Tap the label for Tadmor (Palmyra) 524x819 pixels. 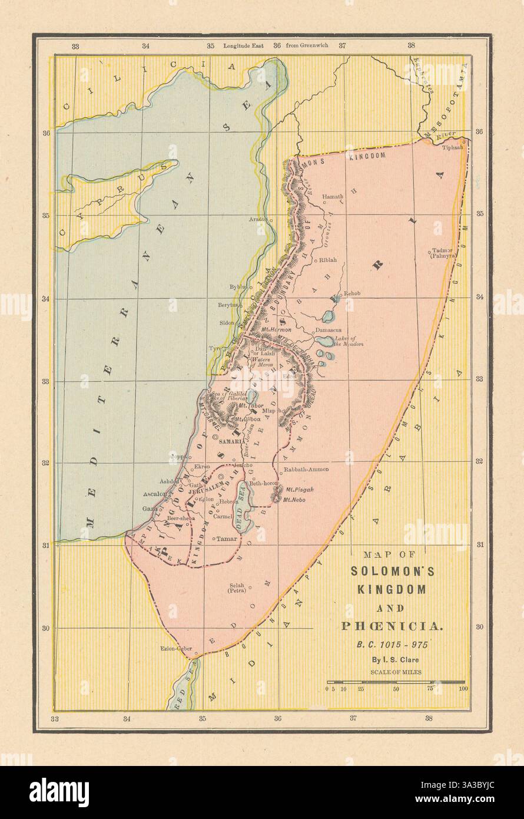pos(442,253)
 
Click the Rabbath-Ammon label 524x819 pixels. pos(306,470)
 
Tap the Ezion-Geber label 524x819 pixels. pos(177,648)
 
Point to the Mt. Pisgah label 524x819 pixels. pos(300,489)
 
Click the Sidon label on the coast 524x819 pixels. pos(226,323)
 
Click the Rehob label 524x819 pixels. pos(351,293)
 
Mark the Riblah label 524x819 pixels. pos(329,259)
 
